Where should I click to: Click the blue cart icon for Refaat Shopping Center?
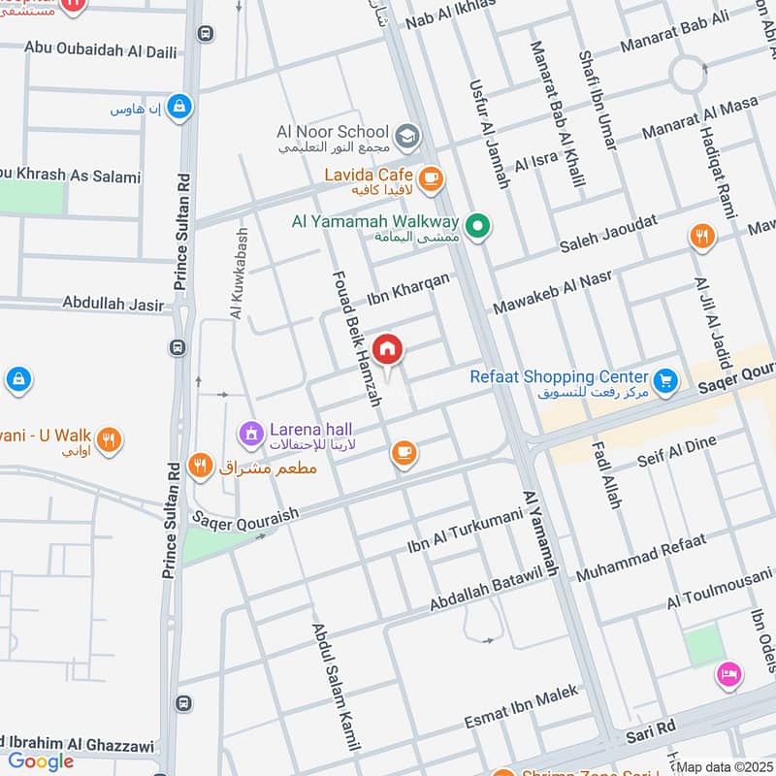(664, 380)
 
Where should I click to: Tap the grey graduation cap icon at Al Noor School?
(408, 134)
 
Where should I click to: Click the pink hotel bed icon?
(727, 674)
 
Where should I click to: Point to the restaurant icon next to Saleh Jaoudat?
(701, 236)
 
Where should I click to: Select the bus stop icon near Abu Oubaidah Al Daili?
(204, 33)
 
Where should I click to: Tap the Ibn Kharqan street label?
(408, 289)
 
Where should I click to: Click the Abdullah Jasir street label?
(113, 304)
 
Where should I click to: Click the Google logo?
(41, 761)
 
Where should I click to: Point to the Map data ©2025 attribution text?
(724, 767)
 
